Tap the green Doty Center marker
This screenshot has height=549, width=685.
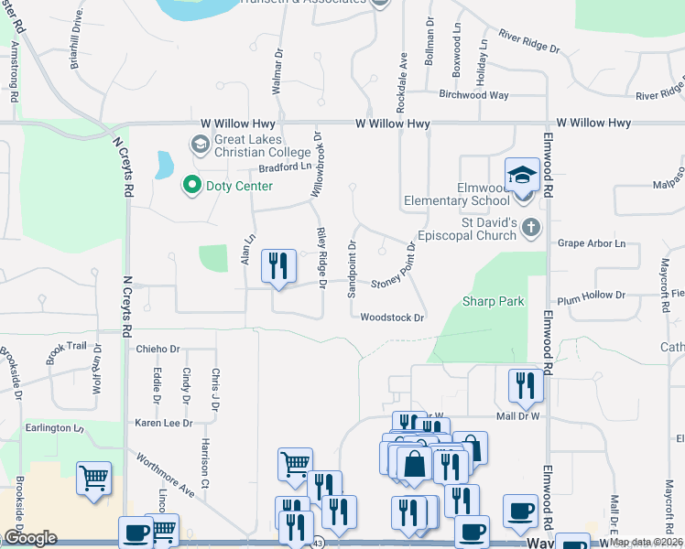click(x=191, y=186)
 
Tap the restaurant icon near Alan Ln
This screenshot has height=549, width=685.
click(x=277, y=266)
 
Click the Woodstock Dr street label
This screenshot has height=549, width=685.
click(x=393, y=318)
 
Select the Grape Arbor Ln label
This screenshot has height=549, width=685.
click(x=592, y=244)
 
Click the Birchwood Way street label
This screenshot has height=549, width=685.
click(x=473, y=94)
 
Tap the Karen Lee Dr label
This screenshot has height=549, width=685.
click(x=164, y=424)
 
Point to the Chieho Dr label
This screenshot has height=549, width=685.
click(x=158, y=349)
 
